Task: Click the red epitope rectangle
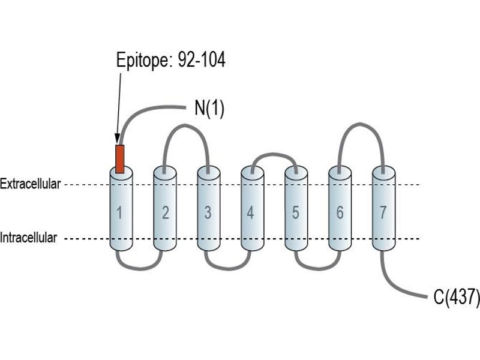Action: (119, 159)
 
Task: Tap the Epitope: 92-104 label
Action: (171, 59)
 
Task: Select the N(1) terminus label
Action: (209, 108)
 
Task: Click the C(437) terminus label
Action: (457, 296)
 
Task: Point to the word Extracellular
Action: (31, 184)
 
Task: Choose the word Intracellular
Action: (28, 238)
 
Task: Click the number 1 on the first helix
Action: (119, 212)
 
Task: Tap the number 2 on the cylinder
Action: (166, 212)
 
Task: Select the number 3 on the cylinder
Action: (208, 212)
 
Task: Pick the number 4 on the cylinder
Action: (250, 212)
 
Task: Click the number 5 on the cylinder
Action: (295, 212)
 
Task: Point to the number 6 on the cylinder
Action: (340, 212)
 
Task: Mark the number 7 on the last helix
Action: (383, 212)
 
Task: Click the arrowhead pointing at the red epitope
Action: (117, 139)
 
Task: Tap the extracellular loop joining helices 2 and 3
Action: (185, 125)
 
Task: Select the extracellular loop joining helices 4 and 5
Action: (274, 155)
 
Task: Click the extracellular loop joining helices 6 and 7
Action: (360, 125)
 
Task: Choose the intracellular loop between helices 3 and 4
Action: (228, 268)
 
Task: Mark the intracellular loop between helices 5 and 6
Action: (318, 268)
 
